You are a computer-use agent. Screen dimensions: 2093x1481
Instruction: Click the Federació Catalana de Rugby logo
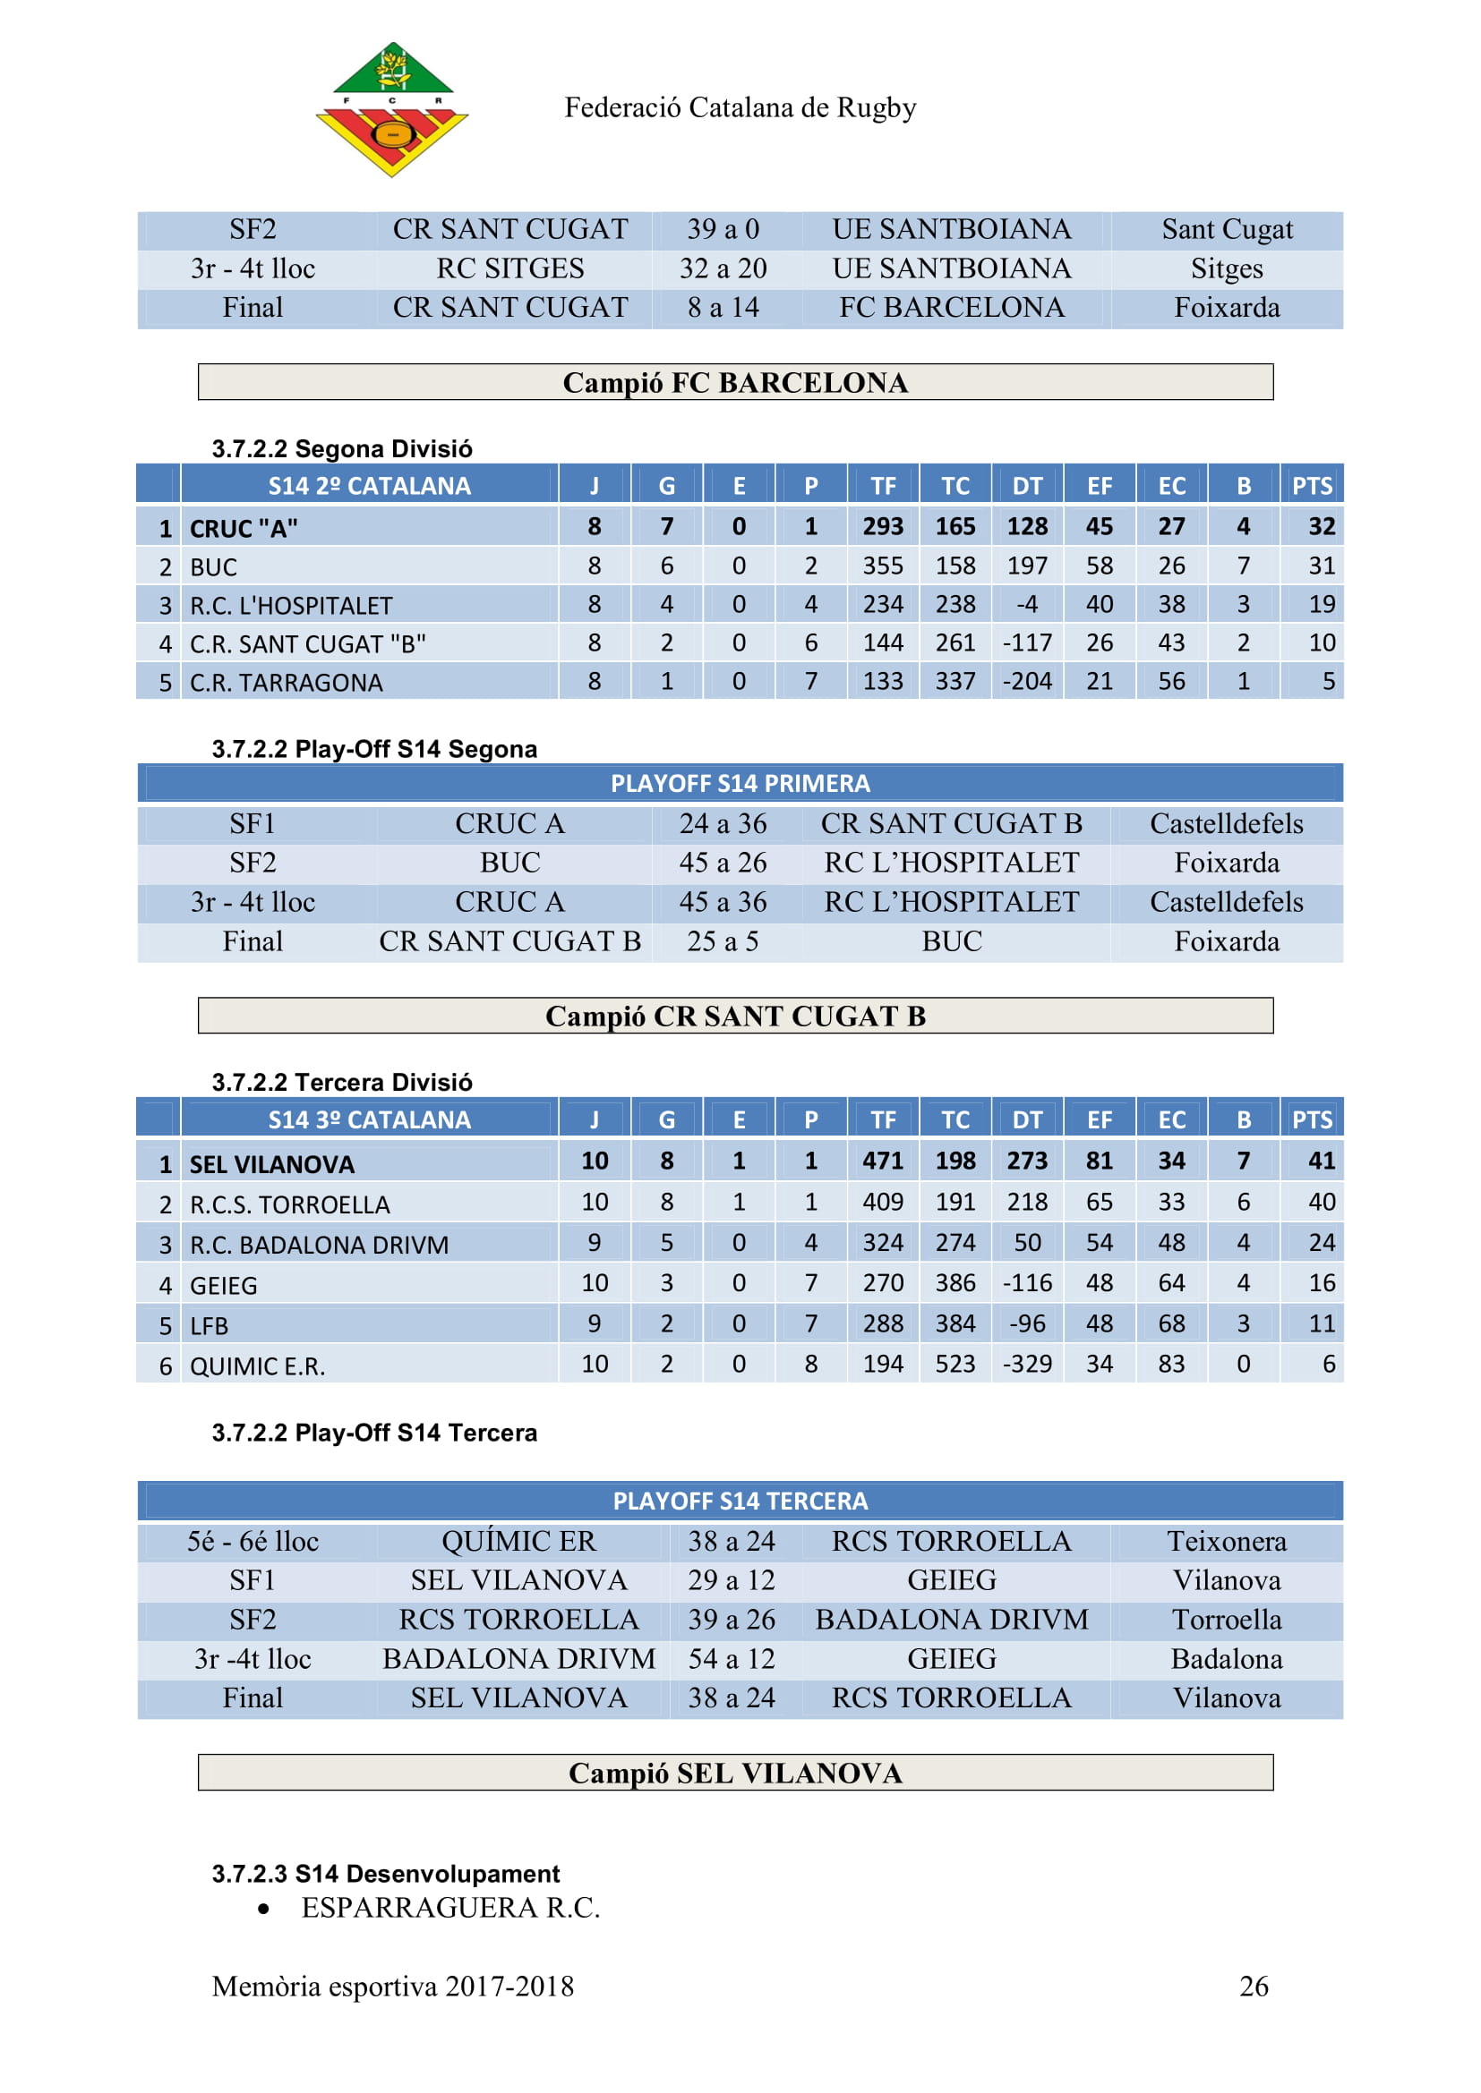tap(391, 109)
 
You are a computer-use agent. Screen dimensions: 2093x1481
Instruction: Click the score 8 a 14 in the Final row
tap(723, 308)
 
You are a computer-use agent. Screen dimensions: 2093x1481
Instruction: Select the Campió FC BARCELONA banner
tap(735, 382)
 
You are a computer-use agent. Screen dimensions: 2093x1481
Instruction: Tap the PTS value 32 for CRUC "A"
tap(1322, 527)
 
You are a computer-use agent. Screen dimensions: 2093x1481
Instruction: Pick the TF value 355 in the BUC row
tap(883, 566)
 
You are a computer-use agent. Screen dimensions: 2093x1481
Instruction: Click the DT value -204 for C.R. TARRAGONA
tap(1027, 682)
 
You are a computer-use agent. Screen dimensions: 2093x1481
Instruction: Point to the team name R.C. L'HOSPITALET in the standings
tap(291, 606)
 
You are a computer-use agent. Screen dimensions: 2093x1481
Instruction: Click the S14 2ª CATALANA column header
tap(369, 486)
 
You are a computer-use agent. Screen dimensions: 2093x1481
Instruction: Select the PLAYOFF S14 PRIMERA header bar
tap(740, 784)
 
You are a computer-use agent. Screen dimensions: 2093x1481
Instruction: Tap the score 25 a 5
tap(723, 941)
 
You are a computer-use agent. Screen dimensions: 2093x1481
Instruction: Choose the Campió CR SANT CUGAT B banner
tap(735, 1016)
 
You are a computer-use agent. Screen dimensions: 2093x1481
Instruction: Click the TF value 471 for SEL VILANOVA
tap(883, 1161)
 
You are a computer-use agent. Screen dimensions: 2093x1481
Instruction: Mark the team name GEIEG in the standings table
tap(224, 1286)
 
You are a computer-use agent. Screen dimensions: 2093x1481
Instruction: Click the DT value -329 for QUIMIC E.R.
tap(1027, 1365)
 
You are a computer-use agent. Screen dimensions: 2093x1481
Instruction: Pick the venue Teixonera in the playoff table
tap(1227, 1542)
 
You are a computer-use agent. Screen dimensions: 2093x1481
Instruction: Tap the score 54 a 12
tap(732, 1659)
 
